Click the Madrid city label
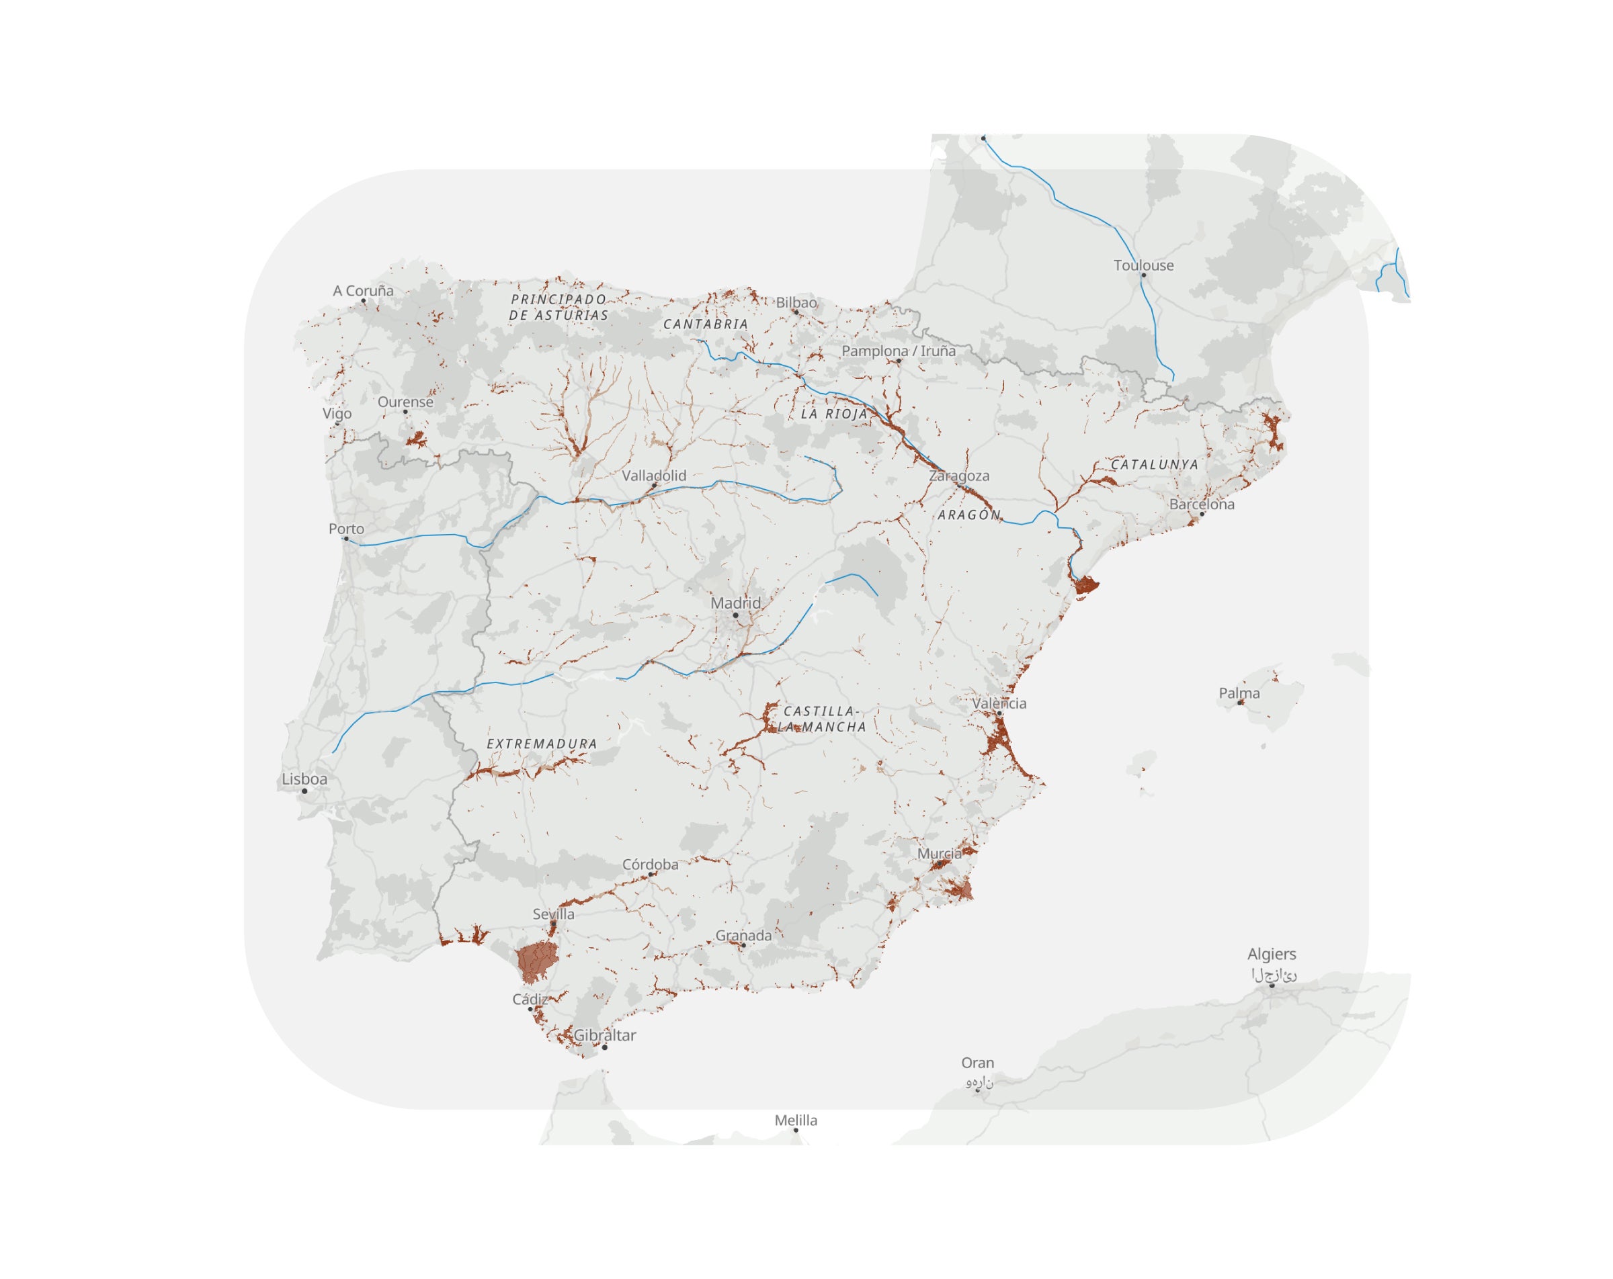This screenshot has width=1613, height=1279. tap(735, 603)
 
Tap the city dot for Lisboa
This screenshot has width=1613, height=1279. tap(304, 791)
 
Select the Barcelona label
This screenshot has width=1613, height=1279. tap(1202, 504)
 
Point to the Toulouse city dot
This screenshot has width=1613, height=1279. tap(1143, 275)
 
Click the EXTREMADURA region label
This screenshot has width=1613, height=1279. tap(542, 744)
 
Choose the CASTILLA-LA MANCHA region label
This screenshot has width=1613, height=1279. tap(821, 719)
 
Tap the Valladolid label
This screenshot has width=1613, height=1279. tap(654, 476)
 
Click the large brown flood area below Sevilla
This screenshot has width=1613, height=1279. tap(536, 961)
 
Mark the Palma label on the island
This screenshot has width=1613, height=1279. tap(1239, 693)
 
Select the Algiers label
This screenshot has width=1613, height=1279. tap(1271, 955)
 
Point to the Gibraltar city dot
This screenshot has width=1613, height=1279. tap(604, 1047)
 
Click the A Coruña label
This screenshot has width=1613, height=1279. tap(363, 291)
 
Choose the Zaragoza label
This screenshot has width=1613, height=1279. tap(959, 476)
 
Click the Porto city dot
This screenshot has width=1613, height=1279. tap(345, 539)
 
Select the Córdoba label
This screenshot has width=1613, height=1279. tap(650, 865)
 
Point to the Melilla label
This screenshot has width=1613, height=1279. tap(795, 1120)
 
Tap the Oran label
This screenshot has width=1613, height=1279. tap(977, 1063)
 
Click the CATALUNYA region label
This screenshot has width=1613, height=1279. tap(1155, 464)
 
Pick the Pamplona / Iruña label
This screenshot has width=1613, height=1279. tap(898, 351)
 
